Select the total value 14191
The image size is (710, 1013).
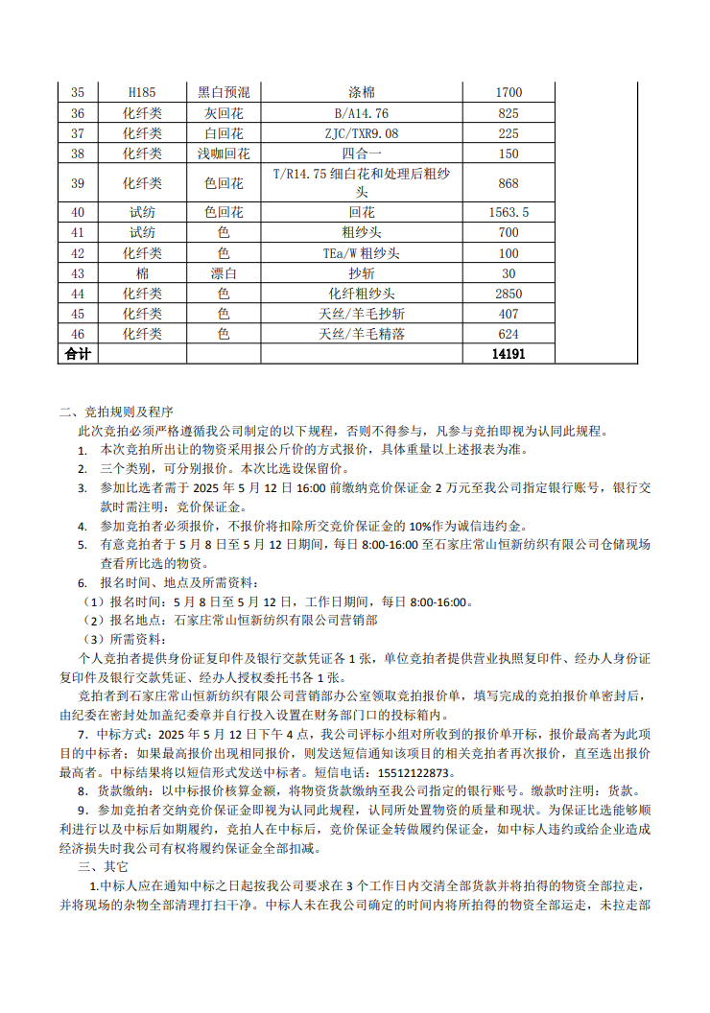pos(508,354)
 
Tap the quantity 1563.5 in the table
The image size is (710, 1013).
pos(508,212)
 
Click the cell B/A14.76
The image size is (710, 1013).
pos(362,113)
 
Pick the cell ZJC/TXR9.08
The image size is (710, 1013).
pos(362,133)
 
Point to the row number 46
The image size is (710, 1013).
pos(78,334)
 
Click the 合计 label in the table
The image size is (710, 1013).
pos(78,354)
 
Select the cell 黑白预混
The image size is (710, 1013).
pos(224,92)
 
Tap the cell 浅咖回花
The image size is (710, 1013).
pos(224,153)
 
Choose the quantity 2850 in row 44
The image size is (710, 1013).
pos(508,294)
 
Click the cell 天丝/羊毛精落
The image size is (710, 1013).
pos(362,334)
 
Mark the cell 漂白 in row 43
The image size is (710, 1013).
pos(224,273)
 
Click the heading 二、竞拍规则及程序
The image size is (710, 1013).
pos(116,412)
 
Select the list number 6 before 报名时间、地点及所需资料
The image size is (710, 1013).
pos(83,583)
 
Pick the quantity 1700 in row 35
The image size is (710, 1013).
pos(508,92)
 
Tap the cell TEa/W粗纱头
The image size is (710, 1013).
pos(362,253)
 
